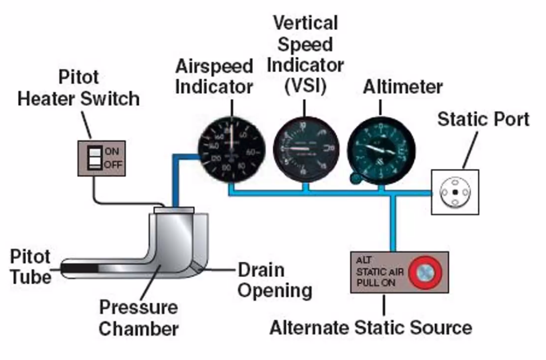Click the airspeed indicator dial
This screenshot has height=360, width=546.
pos(231,149)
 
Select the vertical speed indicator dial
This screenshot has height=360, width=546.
pos(306,149)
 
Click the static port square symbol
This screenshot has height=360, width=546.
pos(454,192)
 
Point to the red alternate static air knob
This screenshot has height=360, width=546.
pos(425,273)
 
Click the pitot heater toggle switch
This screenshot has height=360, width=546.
pos(94,158)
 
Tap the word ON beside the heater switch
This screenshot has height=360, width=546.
pos(112,151)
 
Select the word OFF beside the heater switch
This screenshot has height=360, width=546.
pos(114,165)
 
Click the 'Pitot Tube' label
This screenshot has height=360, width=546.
pos(30,266)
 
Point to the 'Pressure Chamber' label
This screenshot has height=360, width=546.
pos(138,318)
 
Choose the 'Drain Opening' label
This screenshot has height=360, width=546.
pos(274,280)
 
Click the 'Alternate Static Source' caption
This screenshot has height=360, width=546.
pos(370,327)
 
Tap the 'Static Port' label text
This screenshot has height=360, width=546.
pos(484,119)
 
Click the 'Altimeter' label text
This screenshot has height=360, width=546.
pos(403,87)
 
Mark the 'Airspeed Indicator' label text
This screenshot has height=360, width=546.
pos(214,76)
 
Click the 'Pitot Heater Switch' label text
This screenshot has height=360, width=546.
pos(78,88)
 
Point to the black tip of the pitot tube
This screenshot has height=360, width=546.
pos(80,266)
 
